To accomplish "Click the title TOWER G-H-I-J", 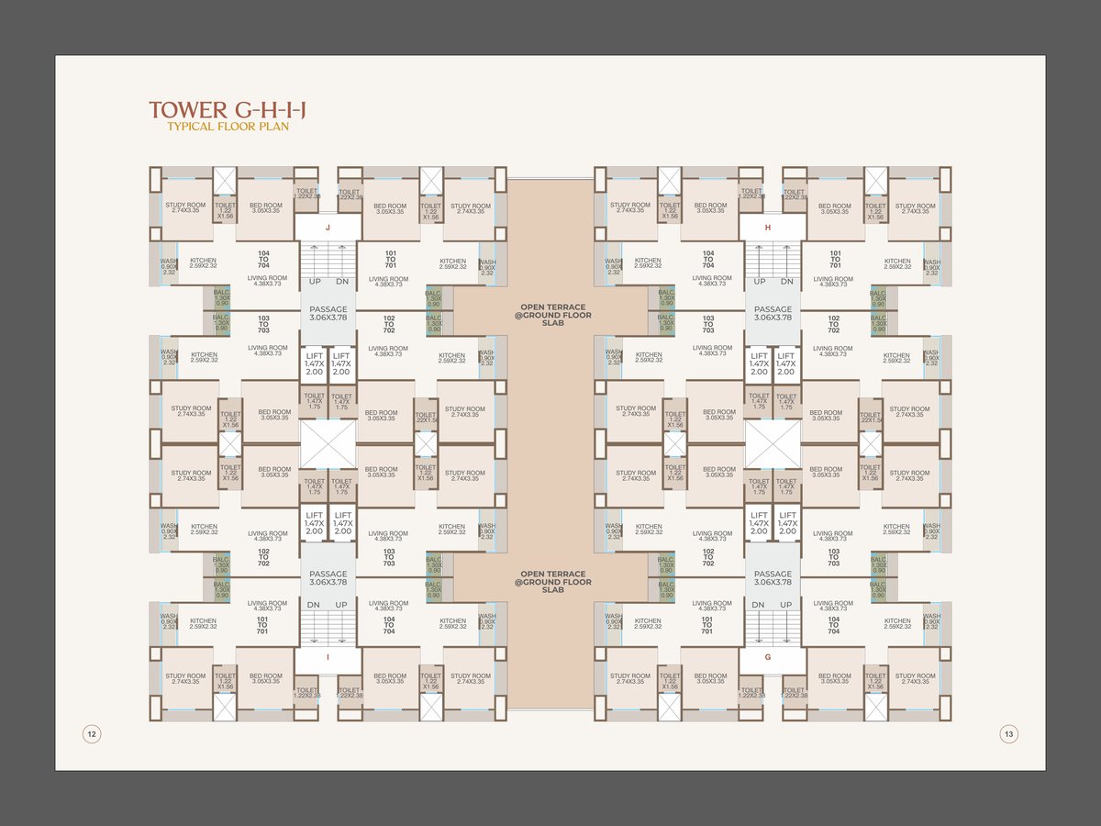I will tap(228, 111).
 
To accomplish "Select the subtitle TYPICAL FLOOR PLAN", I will tap(228, 127).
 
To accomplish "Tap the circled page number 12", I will tap(92, 733).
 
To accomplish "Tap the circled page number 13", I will tap(1008, 733).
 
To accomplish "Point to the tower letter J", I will tap(328, 228).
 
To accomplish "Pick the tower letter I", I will tap(328, 658).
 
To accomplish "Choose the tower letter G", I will tap(773, 658).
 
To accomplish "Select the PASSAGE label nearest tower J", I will tap(328, 314).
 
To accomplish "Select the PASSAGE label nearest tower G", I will tap(773, 578).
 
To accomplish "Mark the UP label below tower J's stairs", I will tap(315, 281).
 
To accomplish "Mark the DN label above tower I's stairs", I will tap(314, 605).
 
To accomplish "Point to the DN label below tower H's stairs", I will tap(787, 281).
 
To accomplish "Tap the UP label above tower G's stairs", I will tap(786, 605).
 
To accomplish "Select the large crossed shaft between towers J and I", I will tap(328, 444).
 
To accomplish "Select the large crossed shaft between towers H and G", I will tap(773, 444).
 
